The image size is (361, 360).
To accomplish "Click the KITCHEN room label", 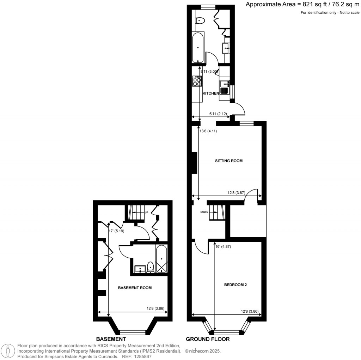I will click(x=211, y=93).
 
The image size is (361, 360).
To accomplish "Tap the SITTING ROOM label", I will click(x=229, y=161).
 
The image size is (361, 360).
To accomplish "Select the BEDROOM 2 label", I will click(x=235, y=285).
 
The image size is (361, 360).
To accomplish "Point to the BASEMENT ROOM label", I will click(x=135, y=288).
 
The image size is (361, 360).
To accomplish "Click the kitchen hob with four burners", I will click(x=197, y=82).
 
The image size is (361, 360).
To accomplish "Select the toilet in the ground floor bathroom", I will click(x=200, y=20).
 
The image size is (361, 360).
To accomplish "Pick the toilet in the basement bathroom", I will click(x=150, y=267).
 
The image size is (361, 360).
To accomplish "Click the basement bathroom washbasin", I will click(x=140, y=269).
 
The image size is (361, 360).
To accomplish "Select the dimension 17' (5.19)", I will click(x=117, y=232).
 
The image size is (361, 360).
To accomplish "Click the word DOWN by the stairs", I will click(x=204, y=212).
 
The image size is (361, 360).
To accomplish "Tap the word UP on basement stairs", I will click(x=146, y=212).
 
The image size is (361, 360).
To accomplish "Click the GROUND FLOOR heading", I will click(x=208, y=339).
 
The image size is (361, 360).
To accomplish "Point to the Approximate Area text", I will click(x=302, y=5).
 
